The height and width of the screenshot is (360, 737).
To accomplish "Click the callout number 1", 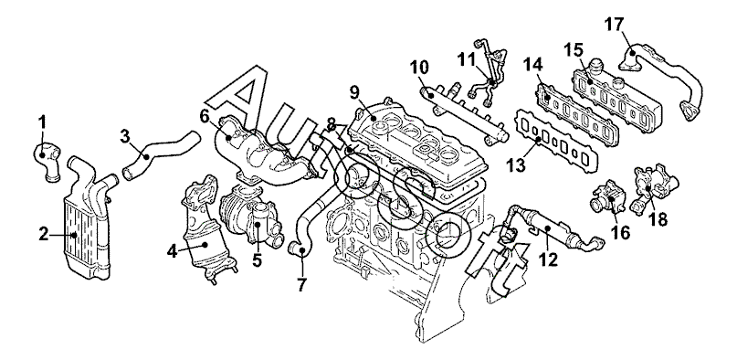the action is pyautogui.click(x=42, y=123).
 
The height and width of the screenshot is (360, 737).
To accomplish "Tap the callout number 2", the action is pyautogui.click(x=44, y=235).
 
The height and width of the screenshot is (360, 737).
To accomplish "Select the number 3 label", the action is pyautogui.click(x=124, y=136).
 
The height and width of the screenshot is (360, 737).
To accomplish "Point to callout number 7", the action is pyautogui.click(x=301, y=284).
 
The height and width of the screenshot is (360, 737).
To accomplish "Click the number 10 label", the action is pyautogui.click(x=418, y=68).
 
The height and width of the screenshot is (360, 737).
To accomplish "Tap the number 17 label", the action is pyautogui.click(x=614, y=25).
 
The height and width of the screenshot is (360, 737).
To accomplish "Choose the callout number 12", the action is pyautogui.click(x=548, y=259).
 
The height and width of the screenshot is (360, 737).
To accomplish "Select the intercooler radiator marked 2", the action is pyautogui.click(x=87, y=221).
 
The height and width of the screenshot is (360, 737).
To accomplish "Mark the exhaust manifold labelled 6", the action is pyautogui.click(x=263, y=153).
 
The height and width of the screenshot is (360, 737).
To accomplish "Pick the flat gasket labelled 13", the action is pyautogui.click(x=558, y=142).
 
